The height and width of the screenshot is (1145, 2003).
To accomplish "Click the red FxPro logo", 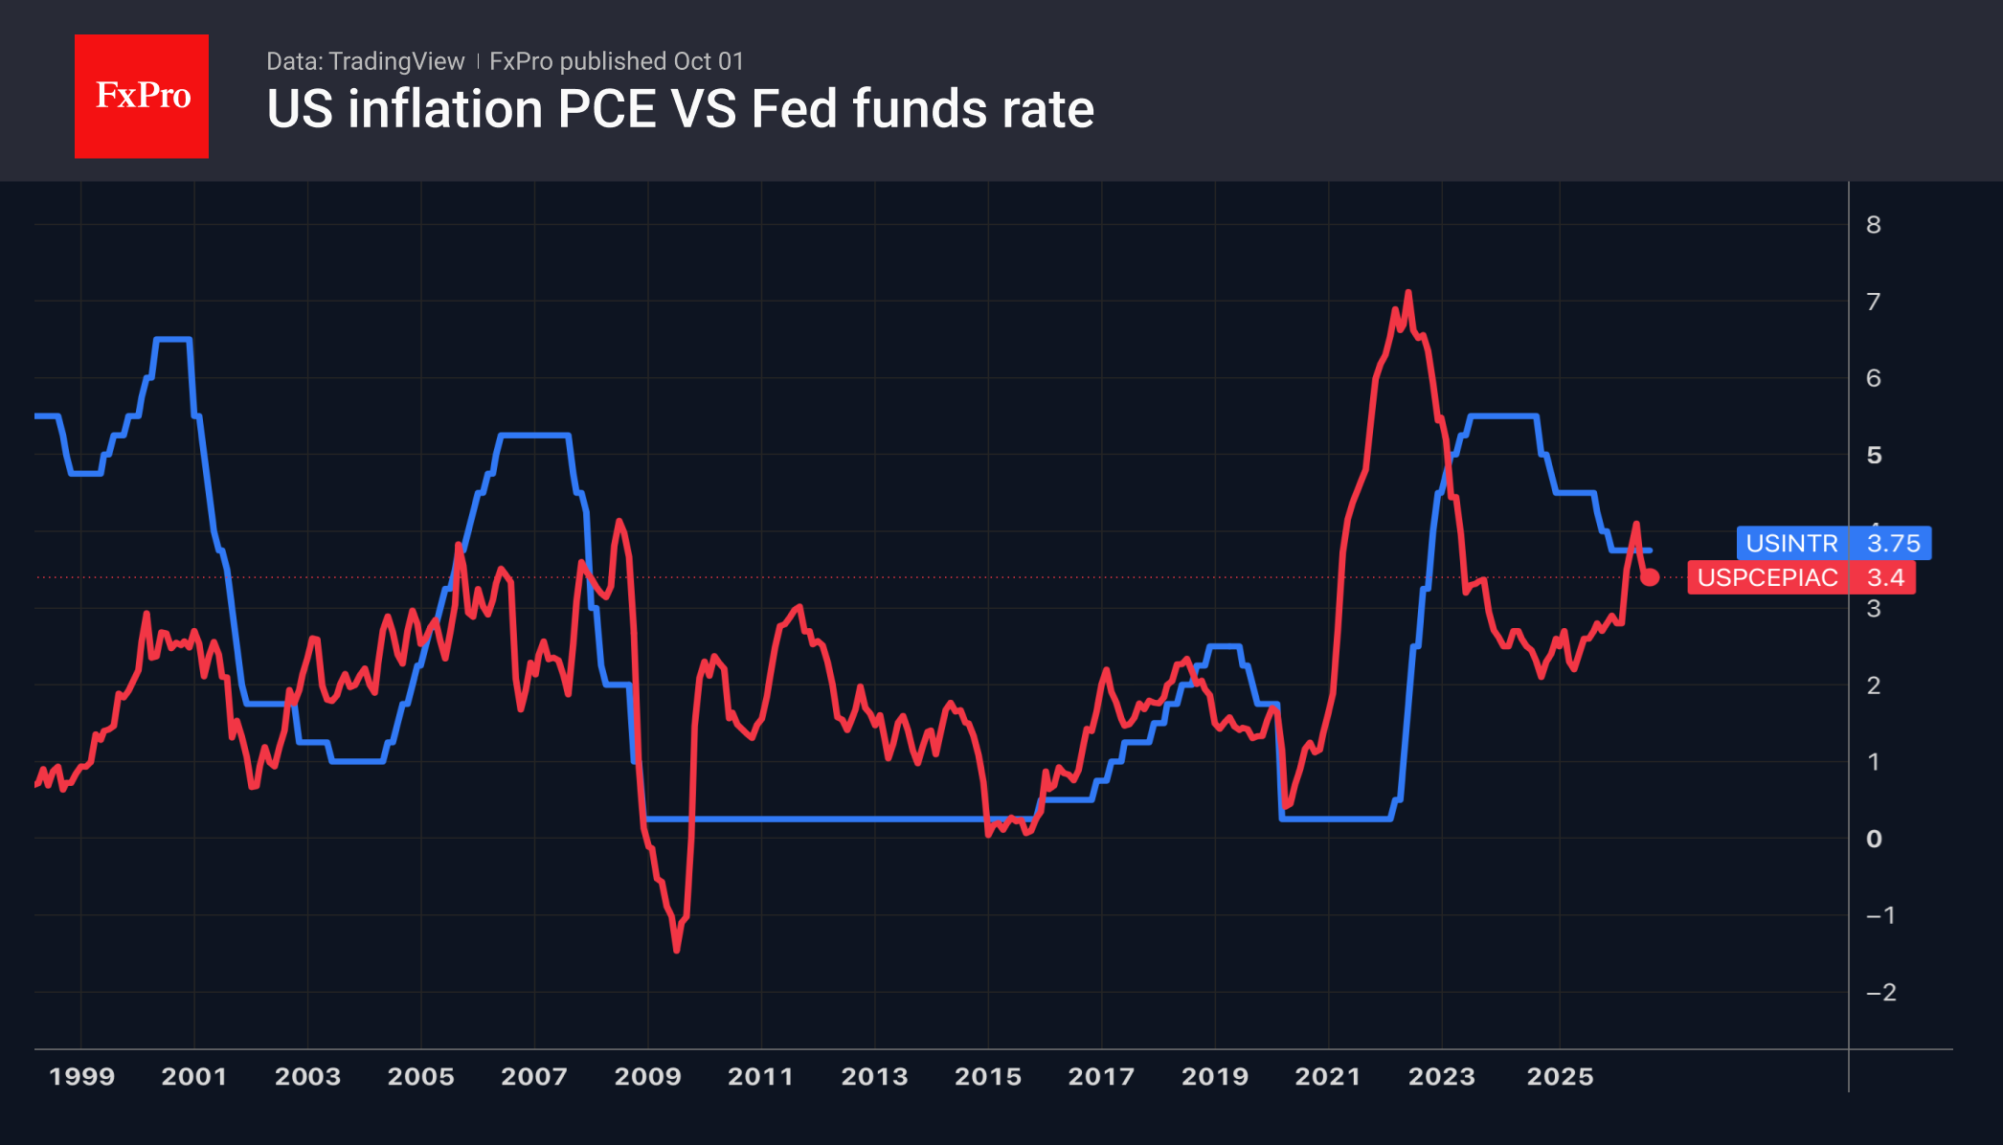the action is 142,96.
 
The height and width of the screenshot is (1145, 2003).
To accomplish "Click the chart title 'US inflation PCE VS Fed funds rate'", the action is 680,109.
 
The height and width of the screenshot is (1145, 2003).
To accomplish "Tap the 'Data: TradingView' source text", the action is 365,61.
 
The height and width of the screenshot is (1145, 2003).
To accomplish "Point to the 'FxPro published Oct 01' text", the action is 617,61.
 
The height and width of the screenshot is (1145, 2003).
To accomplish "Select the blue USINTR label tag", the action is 1791,543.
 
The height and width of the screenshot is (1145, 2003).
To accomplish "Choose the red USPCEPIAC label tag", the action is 1767,577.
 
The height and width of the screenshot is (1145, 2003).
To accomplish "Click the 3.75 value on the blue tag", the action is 1893,543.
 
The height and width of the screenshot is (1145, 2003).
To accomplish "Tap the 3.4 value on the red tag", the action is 1885,577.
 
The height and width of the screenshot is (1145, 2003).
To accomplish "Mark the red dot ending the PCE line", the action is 1650,577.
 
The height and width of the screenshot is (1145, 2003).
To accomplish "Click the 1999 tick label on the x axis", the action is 81,1076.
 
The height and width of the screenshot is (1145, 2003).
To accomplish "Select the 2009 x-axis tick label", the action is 647,1076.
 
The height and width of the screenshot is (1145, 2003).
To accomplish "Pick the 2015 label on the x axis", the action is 988,1076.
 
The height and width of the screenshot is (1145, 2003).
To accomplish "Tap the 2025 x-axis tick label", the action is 1560,1076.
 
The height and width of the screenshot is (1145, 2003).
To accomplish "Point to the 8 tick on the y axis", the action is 1874,225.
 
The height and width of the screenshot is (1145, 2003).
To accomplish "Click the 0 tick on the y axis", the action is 1874,839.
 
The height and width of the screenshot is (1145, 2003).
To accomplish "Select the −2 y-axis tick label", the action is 1881,992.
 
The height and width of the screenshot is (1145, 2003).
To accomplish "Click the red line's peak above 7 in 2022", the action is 1407,292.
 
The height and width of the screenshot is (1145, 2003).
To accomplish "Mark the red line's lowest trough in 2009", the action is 677,950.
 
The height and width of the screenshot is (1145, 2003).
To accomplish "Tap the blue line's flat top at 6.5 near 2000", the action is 172,339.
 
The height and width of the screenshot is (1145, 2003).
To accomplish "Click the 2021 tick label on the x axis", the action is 1328,1076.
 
